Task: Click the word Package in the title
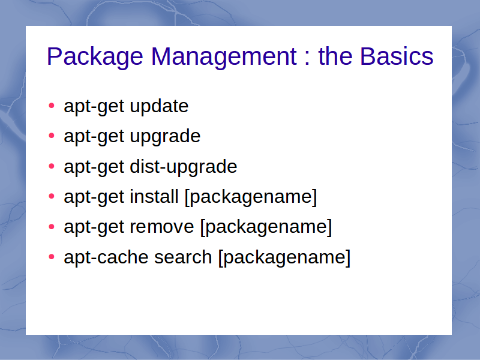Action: (x=95, y=57)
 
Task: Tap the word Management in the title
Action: (x=224, y=56)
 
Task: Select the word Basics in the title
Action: (x=397, y=56)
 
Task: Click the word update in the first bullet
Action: (x=159, y=107)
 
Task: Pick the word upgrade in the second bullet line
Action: (x=166, y=137)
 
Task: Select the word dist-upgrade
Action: (x=184, y=167)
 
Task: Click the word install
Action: (x=154, y=196)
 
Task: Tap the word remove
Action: (x=162, y=227)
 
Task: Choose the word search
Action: (x=183, y=257)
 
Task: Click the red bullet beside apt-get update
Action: (x=52, y=106)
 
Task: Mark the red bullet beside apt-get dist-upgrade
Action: (x=52, y=166)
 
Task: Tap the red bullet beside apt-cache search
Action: (x=52, y=257)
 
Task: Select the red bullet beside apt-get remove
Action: (x=52, y=227)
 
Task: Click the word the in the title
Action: (x=335, y=56)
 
